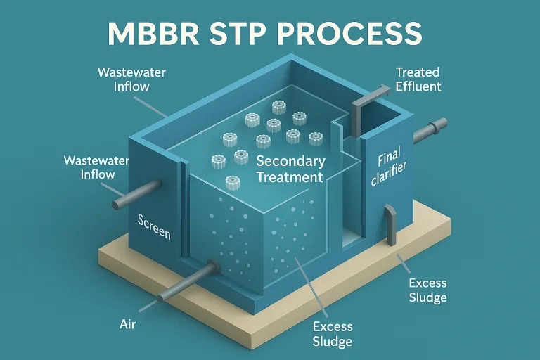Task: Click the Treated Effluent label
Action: coord(418,79)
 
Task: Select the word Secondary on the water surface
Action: coord(289,162)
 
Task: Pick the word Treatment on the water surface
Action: coord(289,177)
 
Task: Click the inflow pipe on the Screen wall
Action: coord(136,195)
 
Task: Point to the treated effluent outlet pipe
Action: coord(429,130)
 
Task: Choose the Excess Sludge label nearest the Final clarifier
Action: coord(427,290)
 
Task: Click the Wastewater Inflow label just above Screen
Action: coord(89,167)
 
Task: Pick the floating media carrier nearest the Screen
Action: coord(231,182)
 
